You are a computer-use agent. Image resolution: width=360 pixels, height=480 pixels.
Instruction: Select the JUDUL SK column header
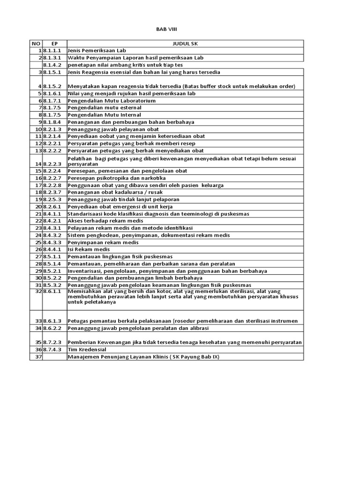185,44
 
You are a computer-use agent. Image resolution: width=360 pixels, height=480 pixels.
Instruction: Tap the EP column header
54,44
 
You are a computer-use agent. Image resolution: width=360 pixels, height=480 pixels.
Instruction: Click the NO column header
36,44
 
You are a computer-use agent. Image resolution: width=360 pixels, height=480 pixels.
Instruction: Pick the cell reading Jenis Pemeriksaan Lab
97,51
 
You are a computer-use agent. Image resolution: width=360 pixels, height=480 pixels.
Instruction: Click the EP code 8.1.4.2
52,65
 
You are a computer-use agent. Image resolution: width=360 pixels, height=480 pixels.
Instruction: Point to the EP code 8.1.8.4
52,122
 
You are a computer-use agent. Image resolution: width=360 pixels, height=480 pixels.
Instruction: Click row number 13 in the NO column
38,150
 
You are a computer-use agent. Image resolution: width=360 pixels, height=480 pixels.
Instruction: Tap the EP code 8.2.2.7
52,178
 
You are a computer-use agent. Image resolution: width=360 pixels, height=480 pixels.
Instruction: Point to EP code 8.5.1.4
52,263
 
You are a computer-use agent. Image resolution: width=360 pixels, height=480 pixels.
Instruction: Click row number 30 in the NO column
38,277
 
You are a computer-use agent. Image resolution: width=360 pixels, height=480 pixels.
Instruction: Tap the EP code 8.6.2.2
52,328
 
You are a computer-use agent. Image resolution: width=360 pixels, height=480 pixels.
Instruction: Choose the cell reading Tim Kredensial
87,350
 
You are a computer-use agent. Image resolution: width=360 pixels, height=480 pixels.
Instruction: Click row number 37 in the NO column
38,357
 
